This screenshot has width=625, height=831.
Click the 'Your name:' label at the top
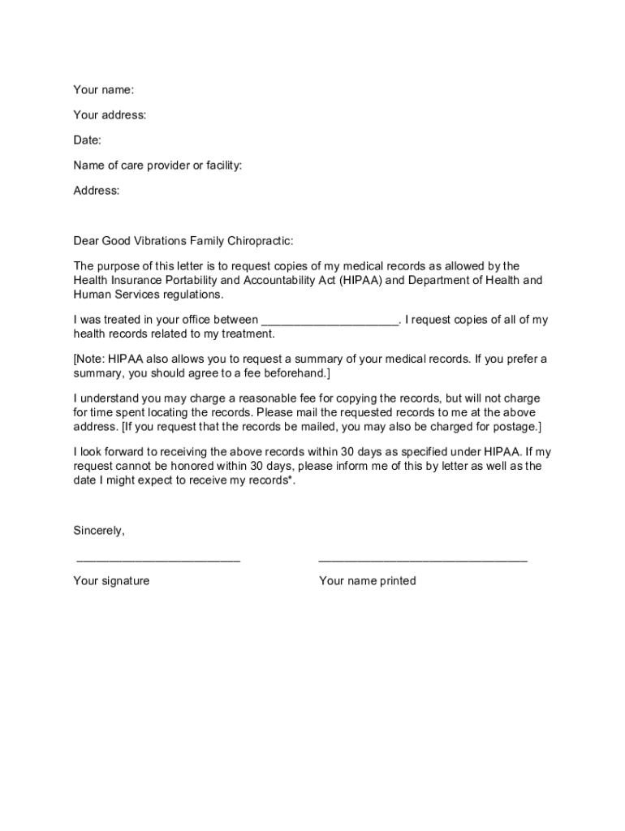coord(103,89)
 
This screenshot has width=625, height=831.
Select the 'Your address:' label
coord(110,115)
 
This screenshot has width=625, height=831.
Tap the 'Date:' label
coord(87,140)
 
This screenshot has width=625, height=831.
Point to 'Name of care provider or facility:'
coord(157,166)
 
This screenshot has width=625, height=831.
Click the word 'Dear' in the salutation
coord(86,241)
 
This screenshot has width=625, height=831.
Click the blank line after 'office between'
coord(330,320)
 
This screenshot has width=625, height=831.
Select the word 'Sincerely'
coord(98,531)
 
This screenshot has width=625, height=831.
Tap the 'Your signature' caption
coord(111,581)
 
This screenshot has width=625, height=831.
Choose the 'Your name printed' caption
coord(367,581)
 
